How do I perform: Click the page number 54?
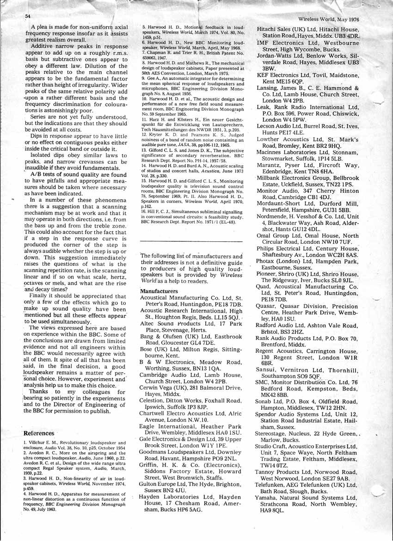click(28, 16)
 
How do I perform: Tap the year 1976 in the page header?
click(352, 19)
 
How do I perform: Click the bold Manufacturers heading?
click(159, 291)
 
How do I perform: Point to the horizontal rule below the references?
click(191, 241)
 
